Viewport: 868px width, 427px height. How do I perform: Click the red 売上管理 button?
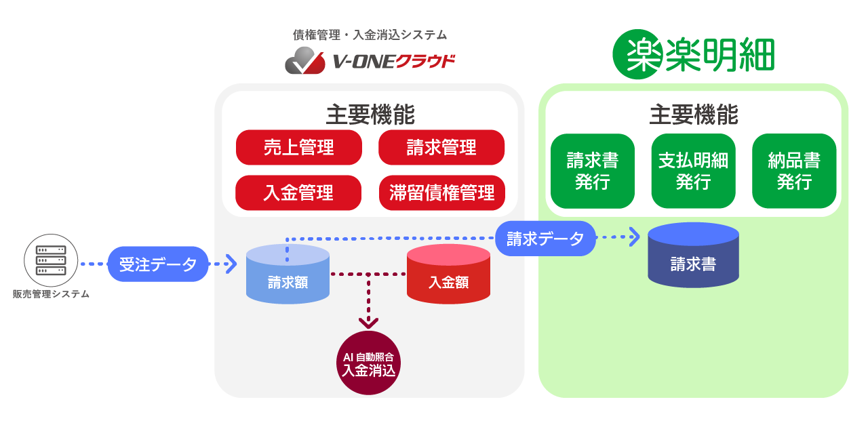click(298, 148)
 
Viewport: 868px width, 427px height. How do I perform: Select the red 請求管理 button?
click(441, 148)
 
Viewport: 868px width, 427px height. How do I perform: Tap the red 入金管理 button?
click(298, 193)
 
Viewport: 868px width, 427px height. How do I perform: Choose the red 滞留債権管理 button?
click(441, 193)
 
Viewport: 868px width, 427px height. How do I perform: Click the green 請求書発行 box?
click(592, 171)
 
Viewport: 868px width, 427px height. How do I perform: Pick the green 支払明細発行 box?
click(693, 171)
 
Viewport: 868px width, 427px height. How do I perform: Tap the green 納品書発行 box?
click(794, 171)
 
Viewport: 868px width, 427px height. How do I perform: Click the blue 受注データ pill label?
click(158, 264)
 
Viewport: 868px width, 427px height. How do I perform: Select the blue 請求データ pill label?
click(545, 239)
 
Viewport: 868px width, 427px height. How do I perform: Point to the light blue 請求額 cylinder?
click(288, 274)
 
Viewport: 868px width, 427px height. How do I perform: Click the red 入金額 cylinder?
click(448, 274)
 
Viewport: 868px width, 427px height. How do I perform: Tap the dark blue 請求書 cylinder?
click(693, 256)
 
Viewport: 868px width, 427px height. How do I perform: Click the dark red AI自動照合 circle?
click(369, 363)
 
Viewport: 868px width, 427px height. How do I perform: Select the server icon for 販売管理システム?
click(51, 260)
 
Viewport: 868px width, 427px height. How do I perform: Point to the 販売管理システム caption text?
click(51, 294)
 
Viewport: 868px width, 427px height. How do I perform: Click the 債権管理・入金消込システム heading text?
click(370, 35)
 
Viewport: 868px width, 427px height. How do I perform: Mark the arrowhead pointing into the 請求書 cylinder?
click(634, 237)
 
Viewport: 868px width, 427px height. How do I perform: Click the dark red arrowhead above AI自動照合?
click(369, 323)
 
